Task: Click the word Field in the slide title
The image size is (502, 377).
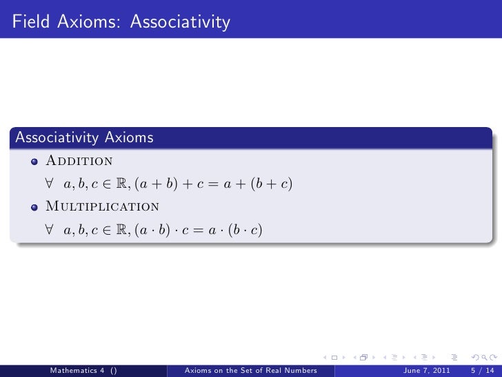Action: [28, 24]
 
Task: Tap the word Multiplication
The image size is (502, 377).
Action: [102, 206]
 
